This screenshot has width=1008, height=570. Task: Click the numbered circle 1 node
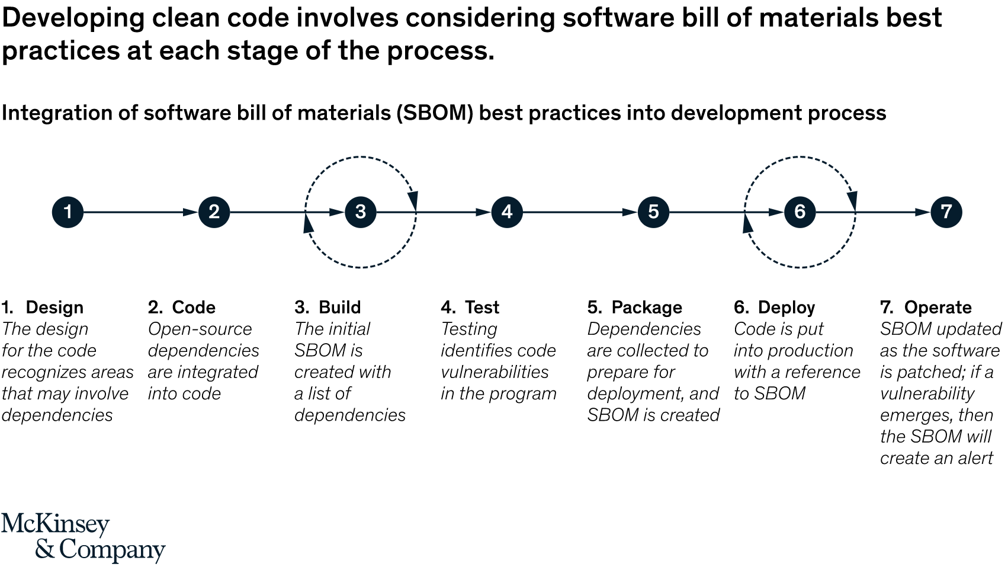tap(68, 212)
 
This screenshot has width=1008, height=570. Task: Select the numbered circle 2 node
tap(214, 212)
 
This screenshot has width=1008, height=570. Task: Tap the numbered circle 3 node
tap(360, 212)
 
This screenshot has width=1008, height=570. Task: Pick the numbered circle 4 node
tap(507, 212)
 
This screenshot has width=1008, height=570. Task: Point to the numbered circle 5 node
tap(653, 212)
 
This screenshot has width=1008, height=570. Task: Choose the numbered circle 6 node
tap(800, 212)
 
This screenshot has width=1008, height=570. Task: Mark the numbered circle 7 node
tap(946, 212)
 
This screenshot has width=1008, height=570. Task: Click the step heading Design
tap(54, 308)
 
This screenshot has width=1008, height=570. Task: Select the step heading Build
tap(339, 308)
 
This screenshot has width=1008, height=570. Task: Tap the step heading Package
tap(646, 308)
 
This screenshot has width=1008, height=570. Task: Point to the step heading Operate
tap(938, 308)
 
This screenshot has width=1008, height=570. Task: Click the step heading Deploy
tap(786, 308)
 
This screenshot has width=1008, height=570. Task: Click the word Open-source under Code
tap(200, 329)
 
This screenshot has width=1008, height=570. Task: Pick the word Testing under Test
tap(469, 329)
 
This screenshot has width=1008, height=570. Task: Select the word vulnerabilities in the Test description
tap(495, 372)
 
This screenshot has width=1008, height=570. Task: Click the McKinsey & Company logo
tap(83, 537)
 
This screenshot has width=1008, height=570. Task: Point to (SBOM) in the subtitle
tap(435, 113)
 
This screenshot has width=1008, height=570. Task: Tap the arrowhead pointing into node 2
tap(191, 212)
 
